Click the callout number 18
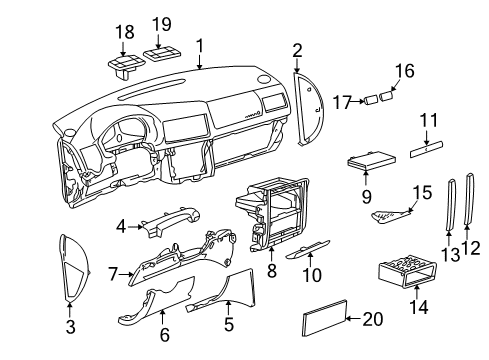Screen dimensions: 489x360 pyautogui.click(x=125, y=32)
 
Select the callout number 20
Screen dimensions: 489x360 pyautogui.click(x=373, y=319)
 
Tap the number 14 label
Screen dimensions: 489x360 pyautogui.click(x=419, y=307)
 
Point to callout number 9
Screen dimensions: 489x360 pyautogui.click(x=366, y=196)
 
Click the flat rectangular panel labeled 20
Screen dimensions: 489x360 pyautogui.click(x=324, y=317)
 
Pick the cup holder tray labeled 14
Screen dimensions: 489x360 pyautogui.click(x=407, y=271)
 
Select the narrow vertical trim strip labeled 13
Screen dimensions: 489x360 pyautogui.click(x=450, y=204)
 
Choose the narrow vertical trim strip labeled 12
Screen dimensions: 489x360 pyautogui.click(x=469, y=198)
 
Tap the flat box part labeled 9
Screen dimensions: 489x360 pyautogui.click(x=372, y=160)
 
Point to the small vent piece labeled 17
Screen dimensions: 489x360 pyautogui.click(x=371, y=100)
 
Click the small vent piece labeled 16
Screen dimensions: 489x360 pyautogui.click(x=386, y=96)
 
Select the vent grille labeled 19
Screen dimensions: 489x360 pyautogui.click(x=162, y=54)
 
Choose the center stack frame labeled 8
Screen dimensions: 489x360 pyautogui.click(x=272, y=213)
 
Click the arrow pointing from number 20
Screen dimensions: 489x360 pyautogui.click(x=354, y=319)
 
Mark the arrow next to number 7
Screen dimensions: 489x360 pyautogui.click(x=126, y=274)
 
